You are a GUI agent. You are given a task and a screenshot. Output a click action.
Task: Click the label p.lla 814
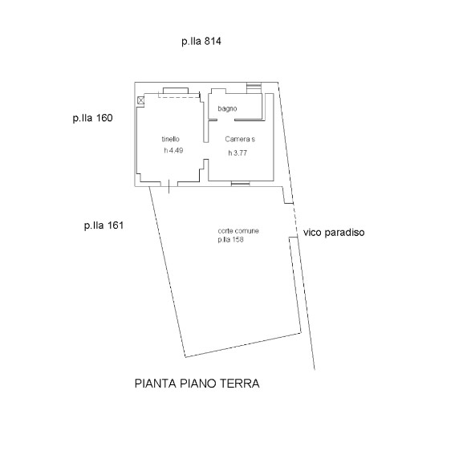[201, 42]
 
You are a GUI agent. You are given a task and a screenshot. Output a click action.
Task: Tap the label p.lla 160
[92, 119]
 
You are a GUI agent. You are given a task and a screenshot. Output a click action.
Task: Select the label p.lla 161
[104, 226]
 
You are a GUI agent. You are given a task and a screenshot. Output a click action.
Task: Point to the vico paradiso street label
[334, 233]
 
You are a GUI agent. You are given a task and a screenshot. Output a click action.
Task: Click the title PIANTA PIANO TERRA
[197, 384]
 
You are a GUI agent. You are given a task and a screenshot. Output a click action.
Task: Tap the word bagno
[227, 109]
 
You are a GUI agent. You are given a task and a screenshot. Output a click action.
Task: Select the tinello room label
[170, 139]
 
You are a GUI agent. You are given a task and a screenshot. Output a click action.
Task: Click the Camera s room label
[240, 139]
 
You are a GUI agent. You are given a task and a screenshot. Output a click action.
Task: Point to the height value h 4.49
[173, 150]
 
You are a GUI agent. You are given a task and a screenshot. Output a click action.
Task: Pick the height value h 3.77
[238, 153]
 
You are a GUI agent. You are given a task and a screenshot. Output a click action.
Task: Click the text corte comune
[238, 231]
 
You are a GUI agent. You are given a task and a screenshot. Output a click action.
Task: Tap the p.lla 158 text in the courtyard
[230, 239]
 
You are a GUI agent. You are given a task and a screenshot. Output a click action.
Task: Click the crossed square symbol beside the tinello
[141, 100]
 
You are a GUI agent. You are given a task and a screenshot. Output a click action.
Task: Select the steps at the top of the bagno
[254, 87]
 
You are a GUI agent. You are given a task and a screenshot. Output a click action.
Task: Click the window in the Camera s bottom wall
[241, 184]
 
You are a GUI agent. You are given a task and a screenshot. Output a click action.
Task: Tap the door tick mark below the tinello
[169, 186]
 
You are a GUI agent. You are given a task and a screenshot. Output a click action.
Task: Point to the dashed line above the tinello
[179, 97]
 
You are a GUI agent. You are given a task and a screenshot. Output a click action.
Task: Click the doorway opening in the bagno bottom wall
[226, 120]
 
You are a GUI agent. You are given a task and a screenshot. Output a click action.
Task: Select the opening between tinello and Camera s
[206, 151]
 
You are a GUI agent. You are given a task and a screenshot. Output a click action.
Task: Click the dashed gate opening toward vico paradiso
[295, 220]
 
